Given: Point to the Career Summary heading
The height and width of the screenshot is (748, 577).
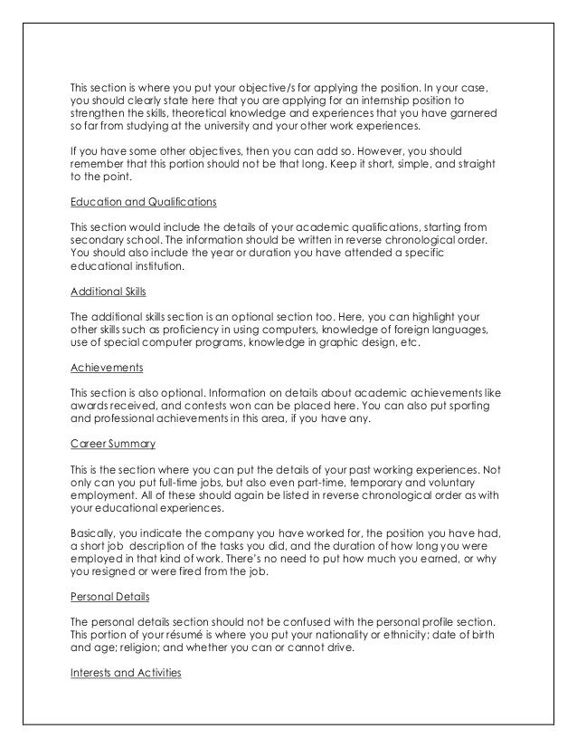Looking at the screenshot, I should point(113,445).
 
